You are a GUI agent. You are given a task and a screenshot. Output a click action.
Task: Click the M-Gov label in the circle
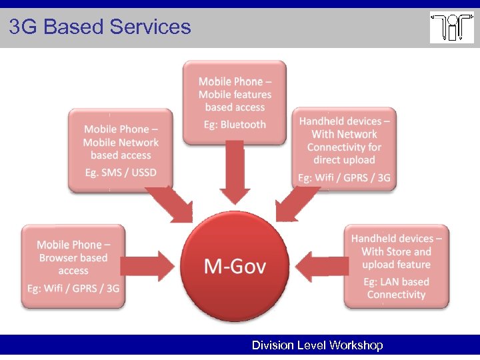235,267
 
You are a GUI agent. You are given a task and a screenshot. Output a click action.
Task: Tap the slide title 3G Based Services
100,27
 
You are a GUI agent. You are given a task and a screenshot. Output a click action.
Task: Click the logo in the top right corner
451,27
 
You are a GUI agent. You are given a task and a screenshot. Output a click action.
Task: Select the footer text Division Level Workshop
317,345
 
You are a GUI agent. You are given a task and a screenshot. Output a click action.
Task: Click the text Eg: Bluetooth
235,125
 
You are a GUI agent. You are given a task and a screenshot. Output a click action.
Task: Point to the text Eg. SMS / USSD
121,173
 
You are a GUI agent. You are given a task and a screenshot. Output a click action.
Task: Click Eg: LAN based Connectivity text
396,288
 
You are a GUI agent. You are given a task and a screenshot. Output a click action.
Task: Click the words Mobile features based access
235,101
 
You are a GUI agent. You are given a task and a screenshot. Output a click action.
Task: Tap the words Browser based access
73,264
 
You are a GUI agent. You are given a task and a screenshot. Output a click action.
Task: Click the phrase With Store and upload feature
396,258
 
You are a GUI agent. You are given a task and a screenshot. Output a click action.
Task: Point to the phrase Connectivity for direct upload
344,153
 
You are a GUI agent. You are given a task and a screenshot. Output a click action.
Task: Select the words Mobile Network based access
121,149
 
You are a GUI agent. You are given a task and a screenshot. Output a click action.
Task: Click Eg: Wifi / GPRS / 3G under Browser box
73,288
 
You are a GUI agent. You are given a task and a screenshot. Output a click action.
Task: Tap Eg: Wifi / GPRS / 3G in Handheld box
344,178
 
